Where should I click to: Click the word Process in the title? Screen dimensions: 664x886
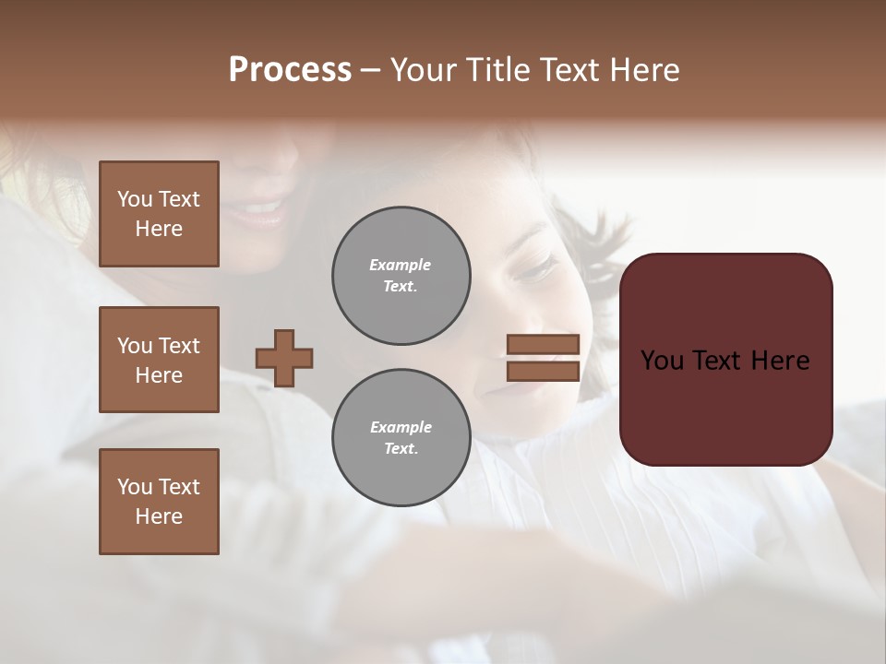[290, 70]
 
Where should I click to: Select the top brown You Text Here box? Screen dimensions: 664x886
[159, 214]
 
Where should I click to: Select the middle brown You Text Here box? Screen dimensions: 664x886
[159, 360]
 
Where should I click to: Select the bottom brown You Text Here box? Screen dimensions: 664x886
[159, 502]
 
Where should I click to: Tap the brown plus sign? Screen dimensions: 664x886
[284, 358]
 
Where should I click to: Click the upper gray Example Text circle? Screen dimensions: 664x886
[401, 276]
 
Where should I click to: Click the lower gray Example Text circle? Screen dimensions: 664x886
[401, 438]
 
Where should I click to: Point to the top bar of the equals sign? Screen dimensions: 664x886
[543, 344]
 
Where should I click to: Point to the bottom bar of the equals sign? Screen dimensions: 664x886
[543, 372]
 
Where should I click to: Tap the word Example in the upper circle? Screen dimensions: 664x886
[401, 266]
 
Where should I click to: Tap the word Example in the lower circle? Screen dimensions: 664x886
[401, 428]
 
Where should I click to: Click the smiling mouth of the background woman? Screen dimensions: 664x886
[258, 215]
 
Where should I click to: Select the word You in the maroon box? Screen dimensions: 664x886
[663, 361]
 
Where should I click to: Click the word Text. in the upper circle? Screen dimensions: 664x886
[401, 287]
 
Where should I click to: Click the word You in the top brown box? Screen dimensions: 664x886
[135, 199]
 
